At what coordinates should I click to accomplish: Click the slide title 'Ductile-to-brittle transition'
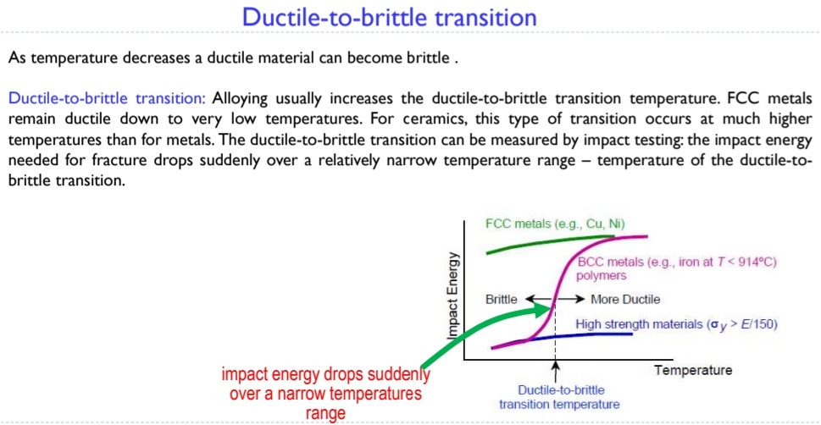[x=389, y=16]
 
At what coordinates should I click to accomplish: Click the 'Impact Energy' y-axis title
[x=453, y=295]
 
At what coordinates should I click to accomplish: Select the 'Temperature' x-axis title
[x=693, y=370]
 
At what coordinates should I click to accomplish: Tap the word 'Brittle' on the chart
[x=502, y=299]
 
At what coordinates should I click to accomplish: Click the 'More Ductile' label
[x=624, y=299]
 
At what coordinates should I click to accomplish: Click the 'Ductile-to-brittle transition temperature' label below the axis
[x=558, y=397]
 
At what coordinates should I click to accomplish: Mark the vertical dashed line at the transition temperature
[x=556, y=339]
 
